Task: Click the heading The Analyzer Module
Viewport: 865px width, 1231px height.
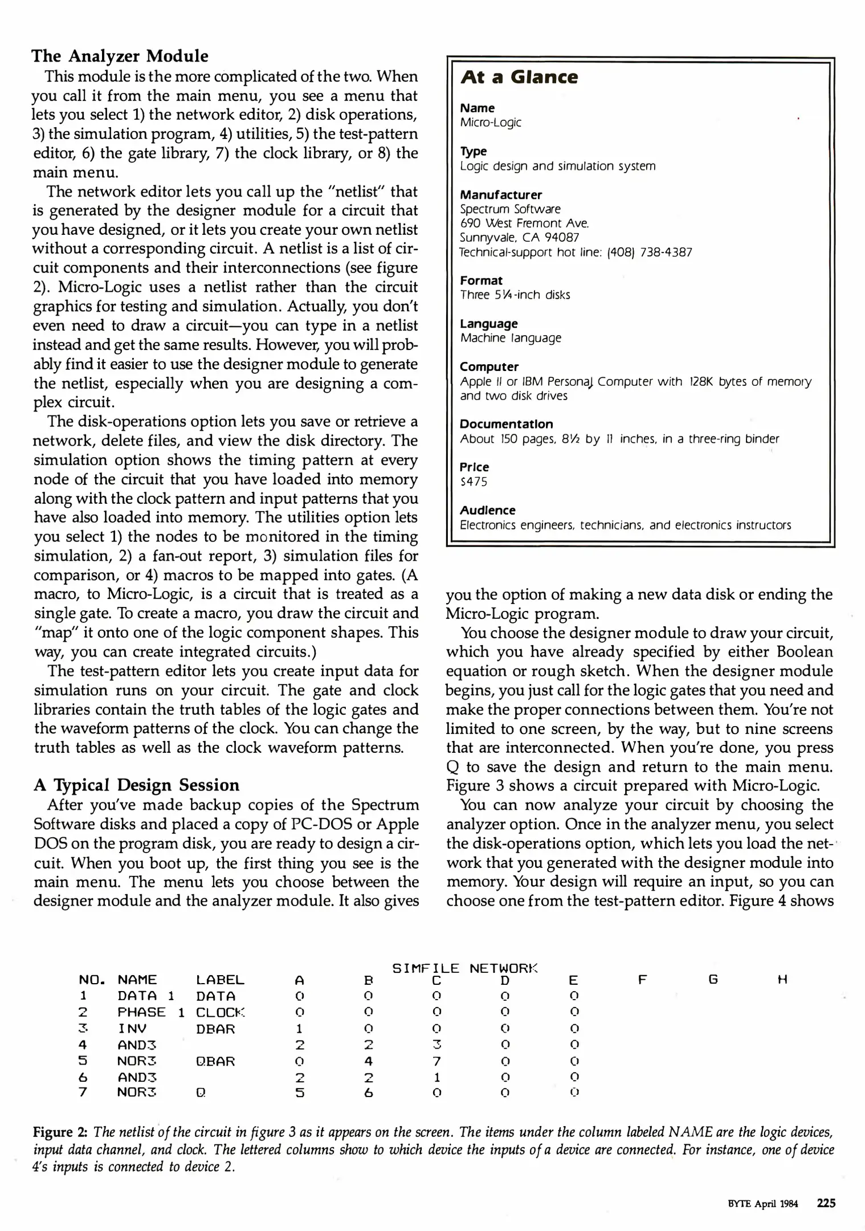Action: [120, 56]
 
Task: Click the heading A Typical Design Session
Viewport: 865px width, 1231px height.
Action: [137, 785]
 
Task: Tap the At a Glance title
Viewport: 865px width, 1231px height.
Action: [519, 77]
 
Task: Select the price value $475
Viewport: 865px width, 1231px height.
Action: [474, 482]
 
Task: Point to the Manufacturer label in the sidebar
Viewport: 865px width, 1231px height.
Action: [501, 195]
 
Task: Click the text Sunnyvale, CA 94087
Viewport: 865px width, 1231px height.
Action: [519, 238]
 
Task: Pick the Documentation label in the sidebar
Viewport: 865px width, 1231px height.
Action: [506, 424]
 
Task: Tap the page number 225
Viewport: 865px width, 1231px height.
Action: [826, 1203]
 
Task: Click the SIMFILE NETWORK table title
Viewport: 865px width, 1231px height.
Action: [464, 968]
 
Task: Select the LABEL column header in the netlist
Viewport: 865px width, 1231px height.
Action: [220, 980]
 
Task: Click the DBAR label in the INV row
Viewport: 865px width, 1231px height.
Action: [215, 1029]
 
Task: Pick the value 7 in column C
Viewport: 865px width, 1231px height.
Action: [436, 1061]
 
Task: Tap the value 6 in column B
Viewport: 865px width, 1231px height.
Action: [368, 1093]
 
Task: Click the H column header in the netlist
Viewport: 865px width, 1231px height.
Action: [782, 980]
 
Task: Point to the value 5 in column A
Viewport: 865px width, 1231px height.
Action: [300, 1093]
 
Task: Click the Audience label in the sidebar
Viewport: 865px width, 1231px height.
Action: [487, 510]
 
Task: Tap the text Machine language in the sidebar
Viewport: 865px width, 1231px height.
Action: [511, 338]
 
